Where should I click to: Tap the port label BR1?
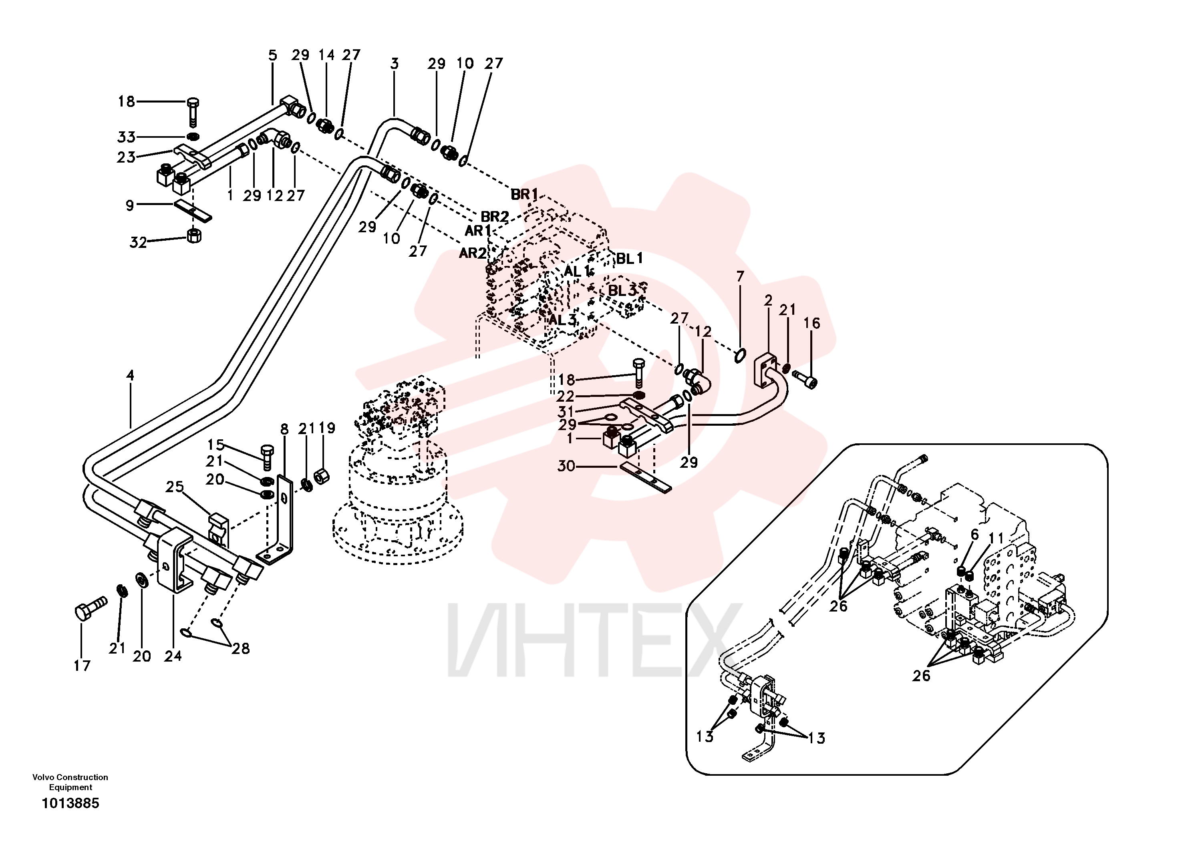point(524,194)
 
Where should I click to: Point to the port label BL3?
point(622,291)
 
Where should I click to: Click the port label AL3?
point(563,320)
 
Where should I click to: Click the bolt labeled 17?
point(91,608)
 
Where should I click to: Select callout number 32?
point(138,242)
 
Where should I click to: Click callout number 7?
point(740,276)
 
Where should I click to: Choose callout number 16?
point(812,324)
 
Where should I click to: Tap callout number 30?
point(566,466)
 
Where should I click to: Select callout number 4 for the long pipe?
point(130,375)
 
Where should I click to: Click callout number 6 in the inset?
point(975,535)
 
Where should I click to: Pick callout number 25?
point(175,487)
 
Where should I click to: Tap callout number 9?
point(130,205)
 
